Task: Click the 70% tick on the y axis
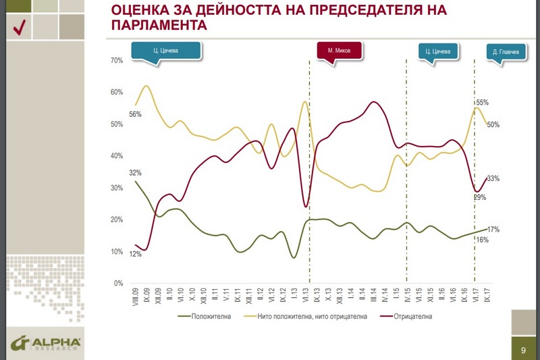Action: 115,61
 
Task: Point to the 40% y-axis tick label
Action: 115,156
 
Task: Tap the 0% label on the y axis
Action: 117,284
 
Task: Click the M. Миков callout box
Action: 340,51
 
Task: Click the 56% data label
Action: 135,114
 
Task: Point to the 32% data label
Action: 135,173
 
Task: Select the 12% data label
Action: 135,255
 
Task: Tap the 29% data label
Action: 479,197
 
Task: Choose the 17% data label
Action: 493,230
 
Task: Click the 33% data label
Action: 493,178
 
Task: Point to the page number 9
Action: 523,351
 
